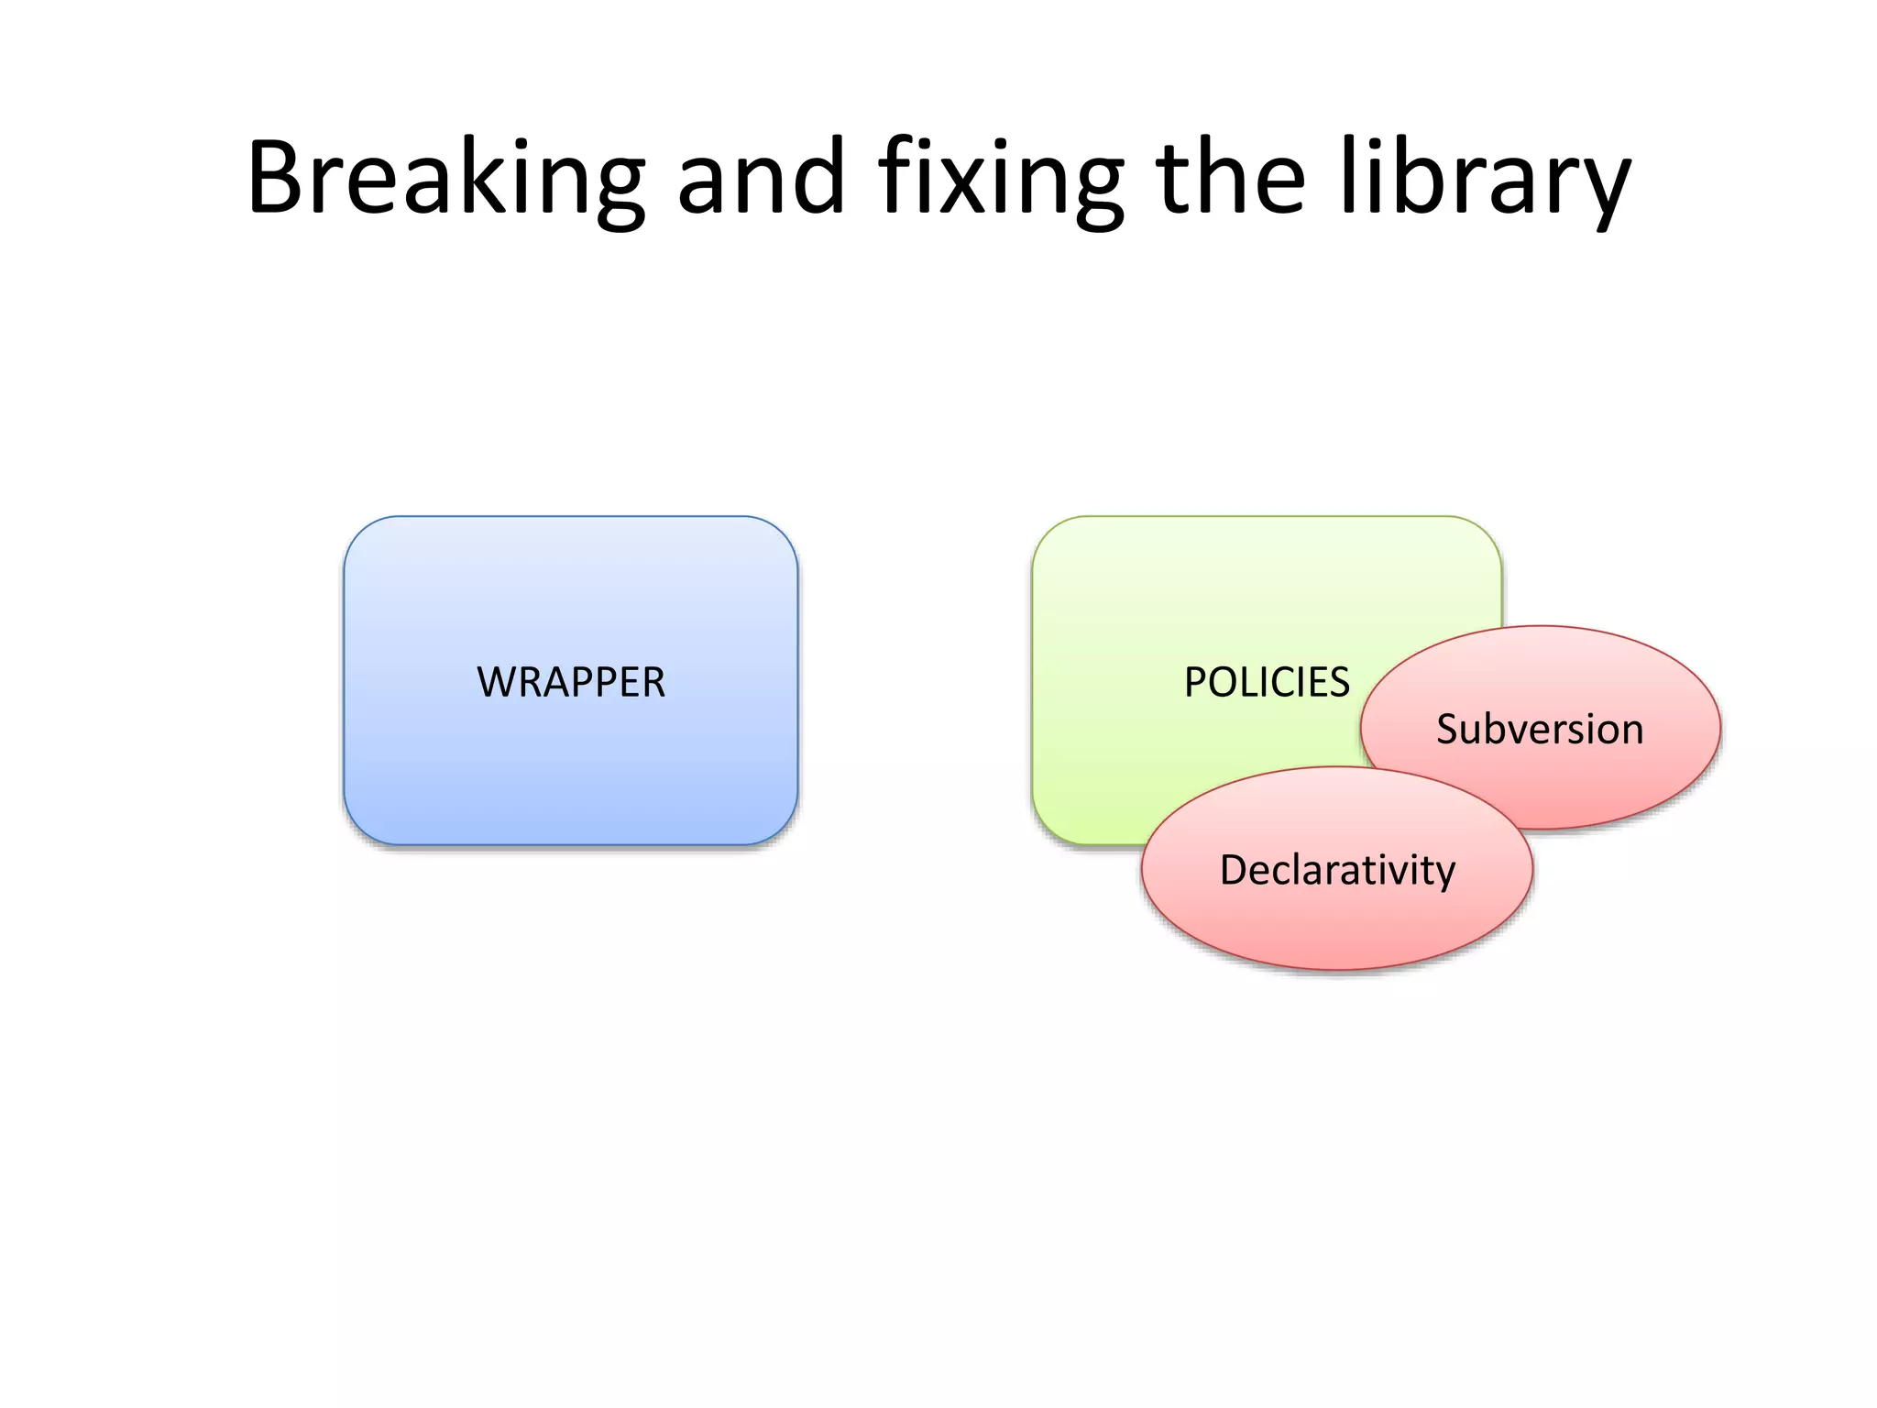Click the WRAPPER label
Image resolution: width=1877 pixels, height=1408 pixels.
pos(571,683)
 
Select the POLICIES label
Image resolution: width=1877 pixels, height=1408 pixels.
pos(1267,683)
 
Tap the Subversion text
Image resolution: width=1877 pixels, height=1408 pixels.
pos(1540,730)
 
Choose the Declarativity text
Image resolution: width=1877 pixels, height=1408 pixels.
pos(1337,870)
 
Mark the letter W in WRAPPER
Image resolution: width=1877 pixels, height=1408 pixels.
pos(498,683)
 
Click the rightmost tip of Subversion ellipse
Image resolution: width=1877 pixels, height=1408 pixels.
pos(1720,728)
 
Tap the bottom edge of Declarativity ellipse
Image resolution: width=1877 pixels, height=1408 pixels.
pos(1337,969)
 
